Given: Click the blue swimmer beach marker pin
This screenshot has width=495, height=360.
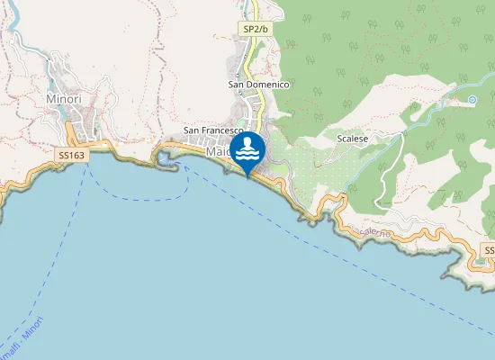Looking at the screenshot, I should click(247, 149).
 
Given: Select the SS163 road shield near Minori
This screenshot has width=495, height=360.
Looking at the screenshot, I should click(72, 156).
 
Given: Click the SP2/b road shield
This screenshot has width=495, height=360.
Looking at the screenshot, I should click(256, 30).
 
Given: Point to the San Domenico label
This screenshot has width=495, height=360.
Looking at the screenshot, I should click(257, 85).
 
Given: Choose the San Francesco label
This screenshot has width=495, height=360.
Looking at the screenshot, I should click(214, 130).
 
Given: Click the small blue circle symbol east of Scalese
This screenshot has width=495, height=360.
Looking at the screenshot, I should click(472, 100).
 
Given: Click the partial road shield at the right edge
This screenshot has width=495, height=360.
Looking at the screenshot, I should click(489, 249).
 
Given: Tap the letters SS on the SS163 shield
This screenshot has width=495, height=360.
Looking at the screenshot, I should click(65, 156).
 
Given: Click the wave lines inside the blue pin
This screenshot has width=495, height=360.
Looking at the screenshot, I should click(247, 155).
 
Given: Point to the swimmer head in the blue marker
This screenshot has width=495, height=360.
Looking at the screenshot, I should click(247, 141).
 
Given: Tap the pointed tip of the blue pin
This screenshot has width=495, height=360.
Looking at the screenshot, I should click(247, 175).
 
